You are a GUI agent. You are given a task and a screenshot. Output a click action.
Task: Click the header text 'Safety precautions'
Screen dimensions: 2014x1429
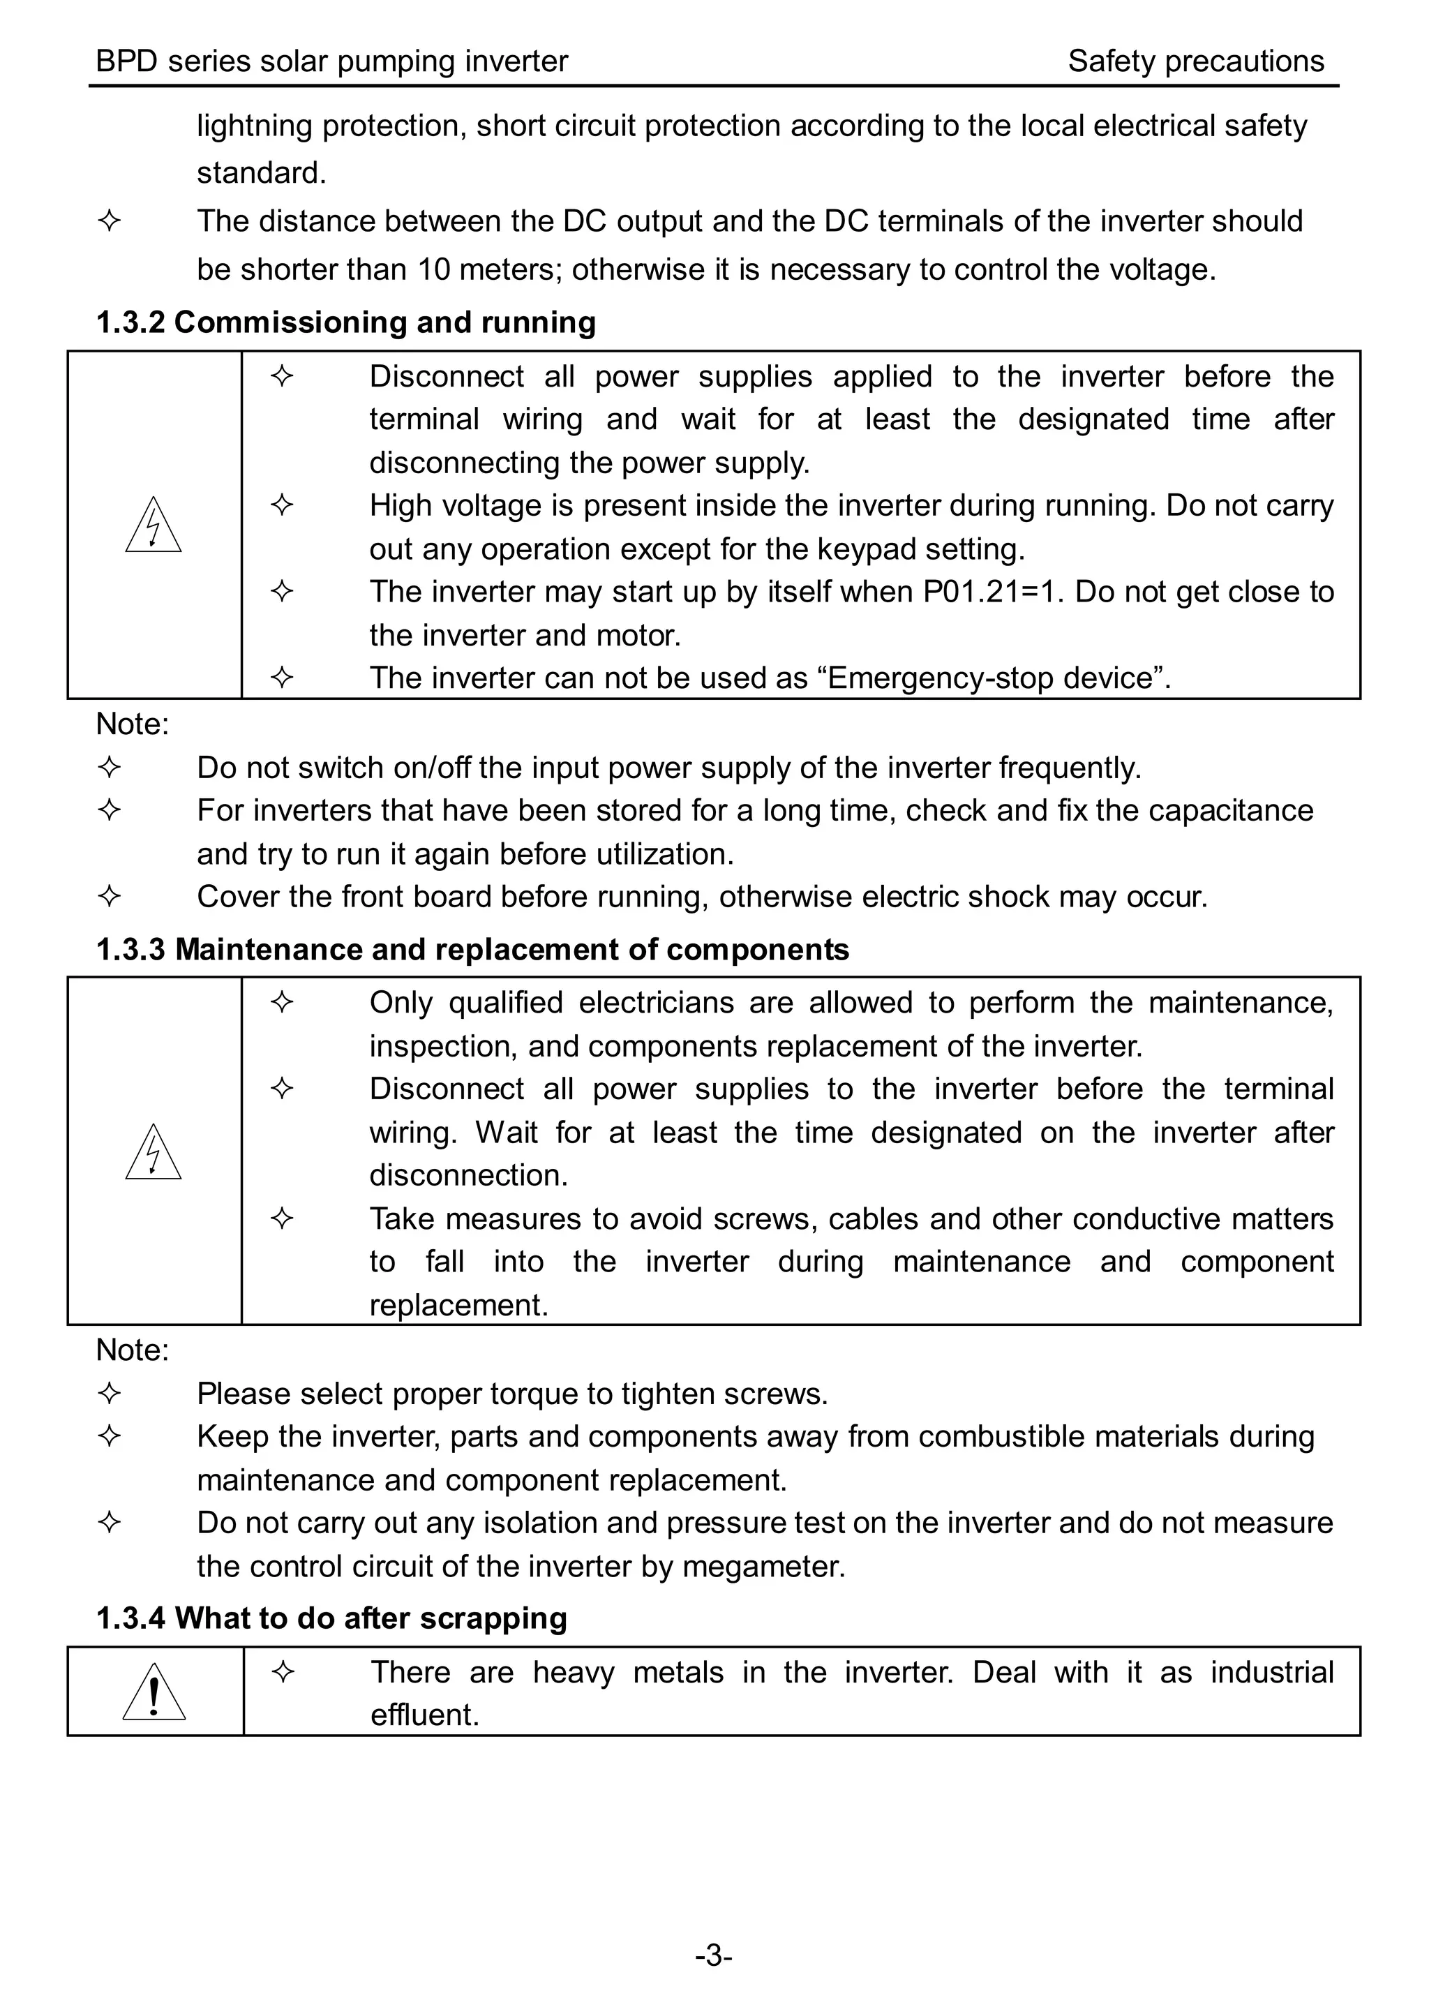tap(1195, 61)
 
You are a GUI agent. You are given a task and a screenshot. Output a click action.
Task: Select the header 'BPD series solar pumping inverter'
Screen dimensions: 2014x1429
tap(331, 61)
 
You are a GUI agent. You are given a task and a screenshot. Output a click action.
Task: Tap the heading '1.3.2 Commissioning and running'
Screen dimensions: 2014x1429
tap(346, 322)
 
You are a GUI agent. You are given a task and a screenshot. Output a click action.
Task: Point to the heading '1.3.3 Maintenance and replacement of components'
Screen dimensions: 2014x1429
tap(472, 948)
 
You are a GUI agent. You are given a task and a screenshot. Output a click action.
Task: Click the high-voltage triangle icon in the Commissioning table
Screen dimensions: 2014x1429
tap(153, 525)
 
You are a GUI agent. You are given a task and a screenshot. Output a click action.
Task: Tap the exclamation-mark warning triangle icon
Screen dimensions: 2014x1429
tap(154, 1692)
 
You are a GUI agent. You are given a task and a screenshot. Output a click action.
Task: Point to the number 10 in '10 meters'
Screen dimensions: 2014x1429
tap(434, 269)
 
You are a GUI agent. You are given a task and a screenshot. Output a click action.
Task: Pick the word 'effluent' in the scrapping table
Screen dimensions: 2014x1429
tap(424, 1713)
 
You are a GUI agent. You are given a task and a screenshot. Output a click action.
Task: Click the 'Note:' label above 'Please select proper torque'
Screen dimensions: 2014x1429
tap(132, 1349)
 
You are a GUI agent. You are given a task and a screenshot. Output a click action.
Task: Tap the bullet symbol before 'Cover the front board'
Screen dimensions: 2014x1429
tap(109, 897)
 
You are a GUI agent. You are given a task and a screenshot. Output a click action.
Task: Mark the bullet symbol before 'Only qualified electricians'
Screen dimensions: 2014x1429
tap(282, 1002)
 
